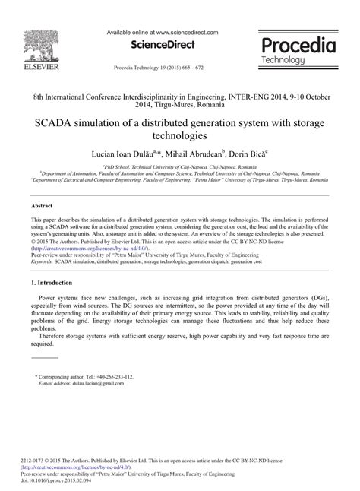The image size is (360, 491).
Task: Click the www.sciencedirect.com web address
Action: pyautogui.click(x=185, y=33)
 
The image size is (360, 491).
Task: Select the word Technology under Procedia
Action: pyautogui.click(x=283, y=60)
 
